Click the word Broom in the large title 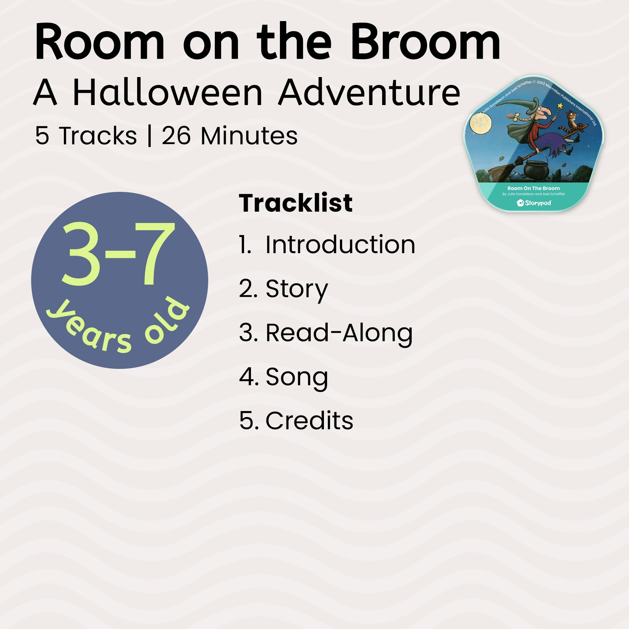point(425,42)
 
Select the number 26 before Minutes point(176,136)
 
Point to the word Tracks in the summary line point(98,136)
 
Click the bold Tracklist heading point(296,203)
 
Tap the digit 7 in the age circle point(155,253)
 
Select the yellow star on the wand point(560,106)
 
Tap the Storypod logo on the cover point(534,203)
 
